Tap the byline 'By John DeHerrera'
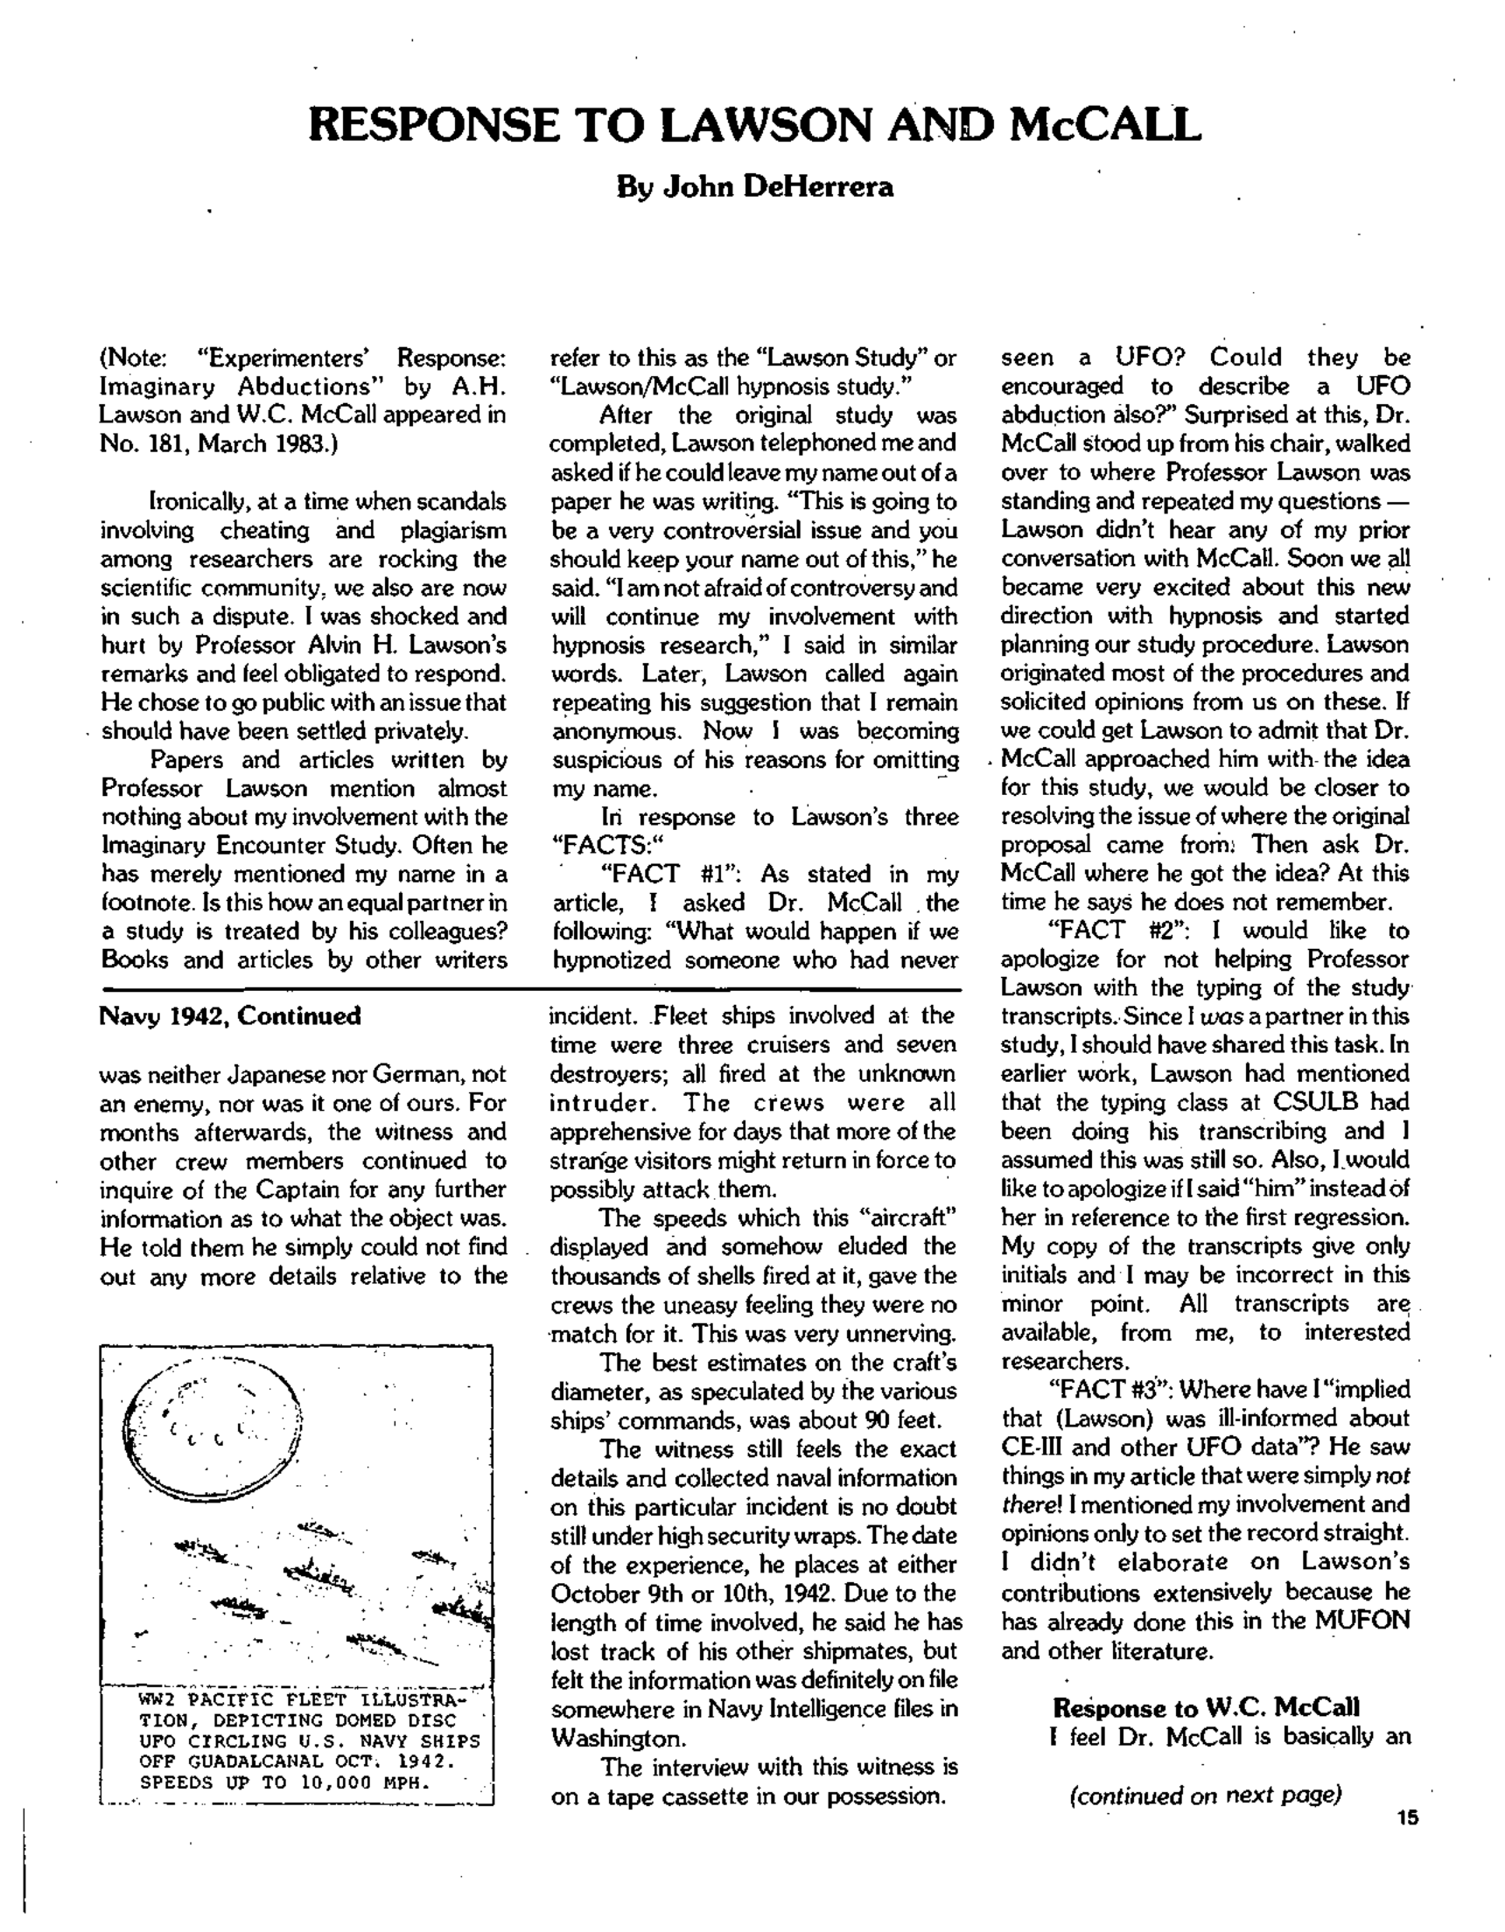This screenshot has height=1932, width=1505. [x=754, y=186]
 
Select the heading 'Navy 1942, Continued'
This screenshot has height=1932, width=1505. [x=230, y=1015]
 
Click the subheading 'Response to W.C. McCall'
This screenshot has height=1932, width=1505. [x=1206, y=1707]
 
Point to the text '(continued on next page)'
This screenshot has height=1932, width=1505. [x=1205, y=1795]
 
